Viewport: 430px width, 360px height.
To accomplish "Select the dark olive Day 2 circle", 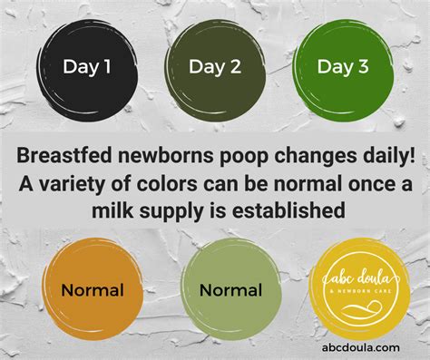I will tap(214, 65).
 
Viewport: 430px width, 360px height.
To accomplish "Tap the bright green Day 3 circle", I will tap(343, 65).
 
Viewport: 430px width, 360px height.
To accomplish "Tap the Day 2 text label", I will tap(214, 65).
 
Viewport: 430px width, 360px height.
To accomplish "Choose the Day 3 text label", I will tap(343, 65).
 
